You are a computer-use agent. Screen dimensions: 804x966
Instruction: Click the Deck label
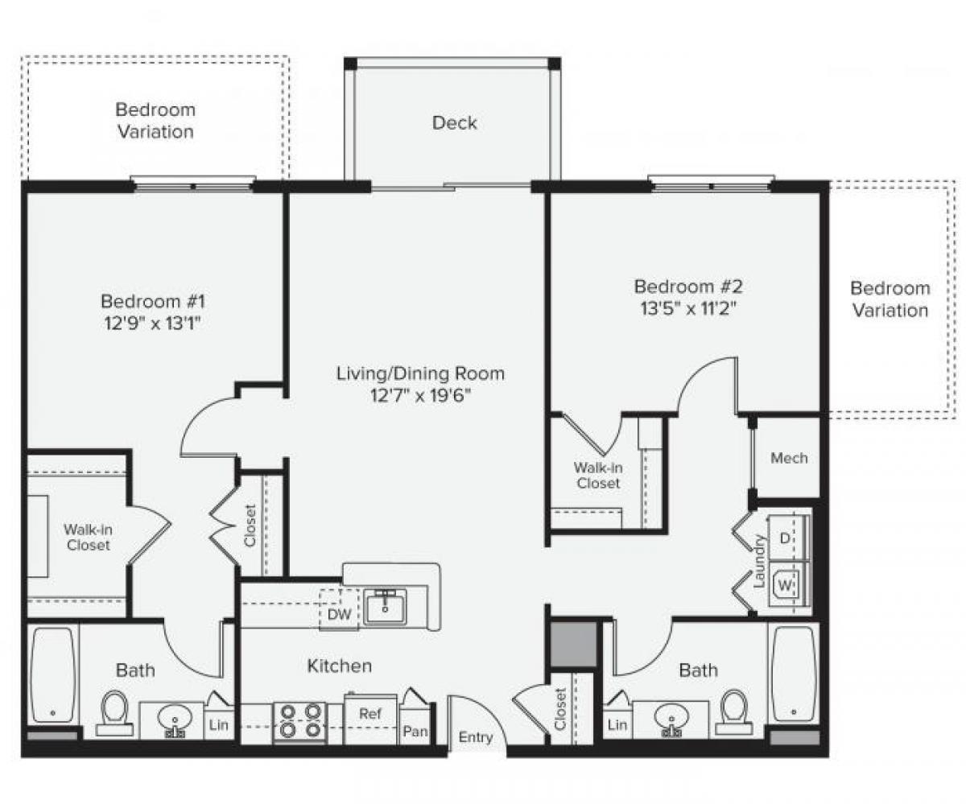454,123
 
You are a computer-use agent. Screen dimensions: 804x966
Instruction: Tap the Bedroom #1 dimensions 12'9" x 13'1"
153,324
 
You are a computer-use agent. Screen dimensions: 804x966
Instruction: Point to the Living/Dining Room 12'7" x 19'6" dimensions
420,395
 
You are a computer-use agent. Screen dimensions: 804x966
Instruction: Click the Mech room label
788,458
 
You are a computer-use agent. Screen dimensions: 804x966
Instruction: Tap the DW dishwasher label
339,614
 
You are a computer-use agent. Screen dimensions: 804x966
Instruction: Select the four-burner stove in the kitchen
299,721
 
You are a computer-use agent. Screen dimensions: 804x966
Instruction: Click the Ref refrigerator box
370,714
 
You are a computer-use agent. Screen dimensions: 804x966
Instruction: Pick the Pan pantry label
415,731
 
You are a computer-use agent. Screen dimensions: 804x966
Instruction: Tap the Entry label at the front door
476,737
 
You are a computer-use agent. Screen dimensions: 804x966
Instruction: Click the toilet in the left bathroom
114,712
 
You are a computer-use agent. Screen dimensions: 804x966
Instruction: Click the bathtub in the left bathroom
53,674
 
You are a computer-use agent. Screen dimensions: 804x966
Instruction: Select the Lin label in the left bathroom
217,724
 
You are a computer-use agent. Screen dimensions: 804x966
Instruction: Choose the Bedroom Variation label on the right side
890,299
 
